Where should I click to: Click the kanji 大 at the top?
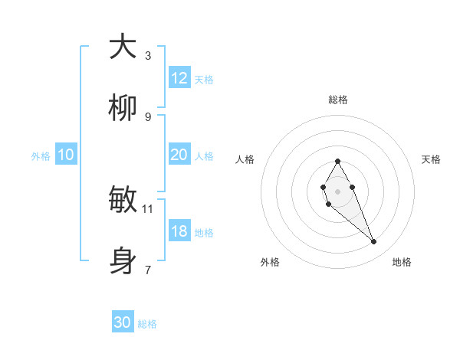click(x=123, y=47)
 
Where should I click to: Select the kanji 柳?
click(x=123, y=110)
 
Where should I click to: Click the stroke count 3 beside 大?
click(x=147, y=55)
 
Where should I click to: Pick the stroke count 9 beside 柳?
click(x=147, y=116)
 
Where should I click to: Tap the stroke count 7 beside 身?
click(x=147, y=270)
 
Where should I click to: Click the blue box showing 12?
click(x=179, y=78)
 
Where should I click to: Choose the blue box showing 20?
click(x=179, y=155)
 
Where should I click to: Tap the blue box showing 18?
click(x=179, y=231)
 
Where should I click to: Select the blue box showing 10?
click(x=66, y=155)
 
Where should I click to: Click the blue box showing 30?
click(x=123, y=322)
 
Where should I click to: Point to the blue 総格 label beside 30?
click(x=147, y=324)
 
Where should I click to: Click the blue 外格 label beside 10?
click(x=41, y=156)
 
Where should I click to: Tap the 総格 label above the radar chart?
click(x=337, y=100)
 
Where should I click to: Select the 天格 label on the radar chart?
click(x=432, y=159)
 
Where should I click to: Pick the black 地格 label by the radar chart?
click(x=402, y=263)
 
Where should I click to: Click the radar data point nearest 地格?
click(x=373, y=242)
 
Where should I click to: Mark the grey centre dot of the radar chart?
click(x=337, y=191)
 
